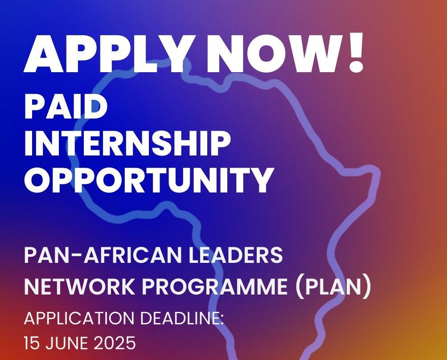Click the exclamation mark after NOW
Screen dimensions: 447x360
point(356,52)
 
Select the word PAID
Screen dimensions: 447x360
point(66,106)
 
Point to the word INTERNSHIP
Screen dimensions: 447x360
point(127,143)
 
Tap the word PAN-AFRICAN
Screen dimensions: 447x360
point(103,255)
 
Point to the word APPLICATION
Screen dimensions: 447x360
point(79,318)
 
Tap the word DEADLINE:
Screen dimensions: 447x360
point(181,318)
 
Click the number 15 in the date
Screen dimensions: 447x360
point(32,343)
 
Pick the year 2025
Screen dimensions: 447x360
point(115,343)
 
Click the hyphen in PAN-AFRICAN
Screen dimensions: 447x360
point(76,257)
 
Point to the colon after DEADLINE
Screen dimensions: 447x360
point(222,320)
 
